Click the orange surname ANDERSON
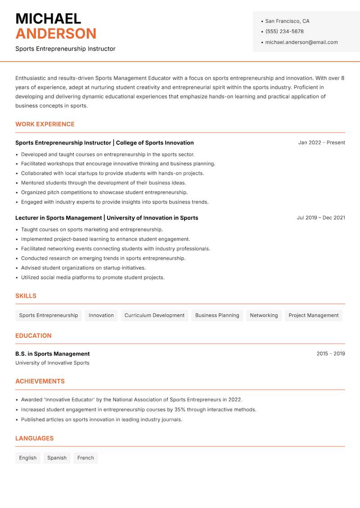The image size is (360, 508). pyautogui.click(x=56, y=34)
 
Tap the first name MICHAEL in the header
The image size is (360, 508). pyautogui.click(x=48, y=19)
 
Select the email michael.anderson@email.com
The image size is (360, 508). pyautogui.click(x=301, y=42)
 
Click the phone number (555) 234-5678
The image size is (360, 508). pyautogui.click(x=284, y=31)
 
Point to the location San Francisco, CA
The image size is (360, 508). pyautogui.click(x=287, y=21)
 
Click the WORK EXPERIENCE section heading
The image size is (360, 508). pyautogui.click(x=45, y=124)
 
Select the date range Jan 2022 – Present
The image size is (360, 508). pyautogui.click(x=321, y=143)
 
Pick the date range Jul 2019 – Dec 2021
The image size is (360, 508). pyautogui.click(x=321, y=218)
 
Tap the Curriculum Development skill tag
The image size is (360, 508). pyautogui.click(x=154, y=316)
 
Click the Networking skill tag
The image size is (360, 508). pyautogui.click(x=264, y=316)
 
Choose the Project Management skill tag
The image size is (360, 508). pyautogui.click(x=313, y=316)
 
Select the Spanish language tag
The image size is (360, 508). pyautogui.click(x=57, y=458)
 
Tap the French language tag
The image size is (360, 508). pyautogui.click(x=85, y=458)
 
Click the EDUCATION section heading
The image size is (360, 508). pyautogui.click(x=33, y=336)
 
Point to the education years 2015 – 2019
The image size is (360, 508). pyautogui.click(x=330, y=354)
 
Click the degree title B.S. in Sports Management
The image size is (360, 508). pyautogui.click(x=53, y=354)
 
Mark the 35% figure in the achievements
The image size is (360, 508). pyautogui.click(x=180, y=410)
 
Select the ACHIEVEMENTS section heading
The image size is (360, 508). pyautogui.click(x=40, y=381)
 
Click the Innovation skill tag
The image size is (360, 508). pyautogui.click(x=101, y=316)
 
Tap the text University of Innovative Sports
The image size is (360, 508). pyautogui.click(x=52, y=363)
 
